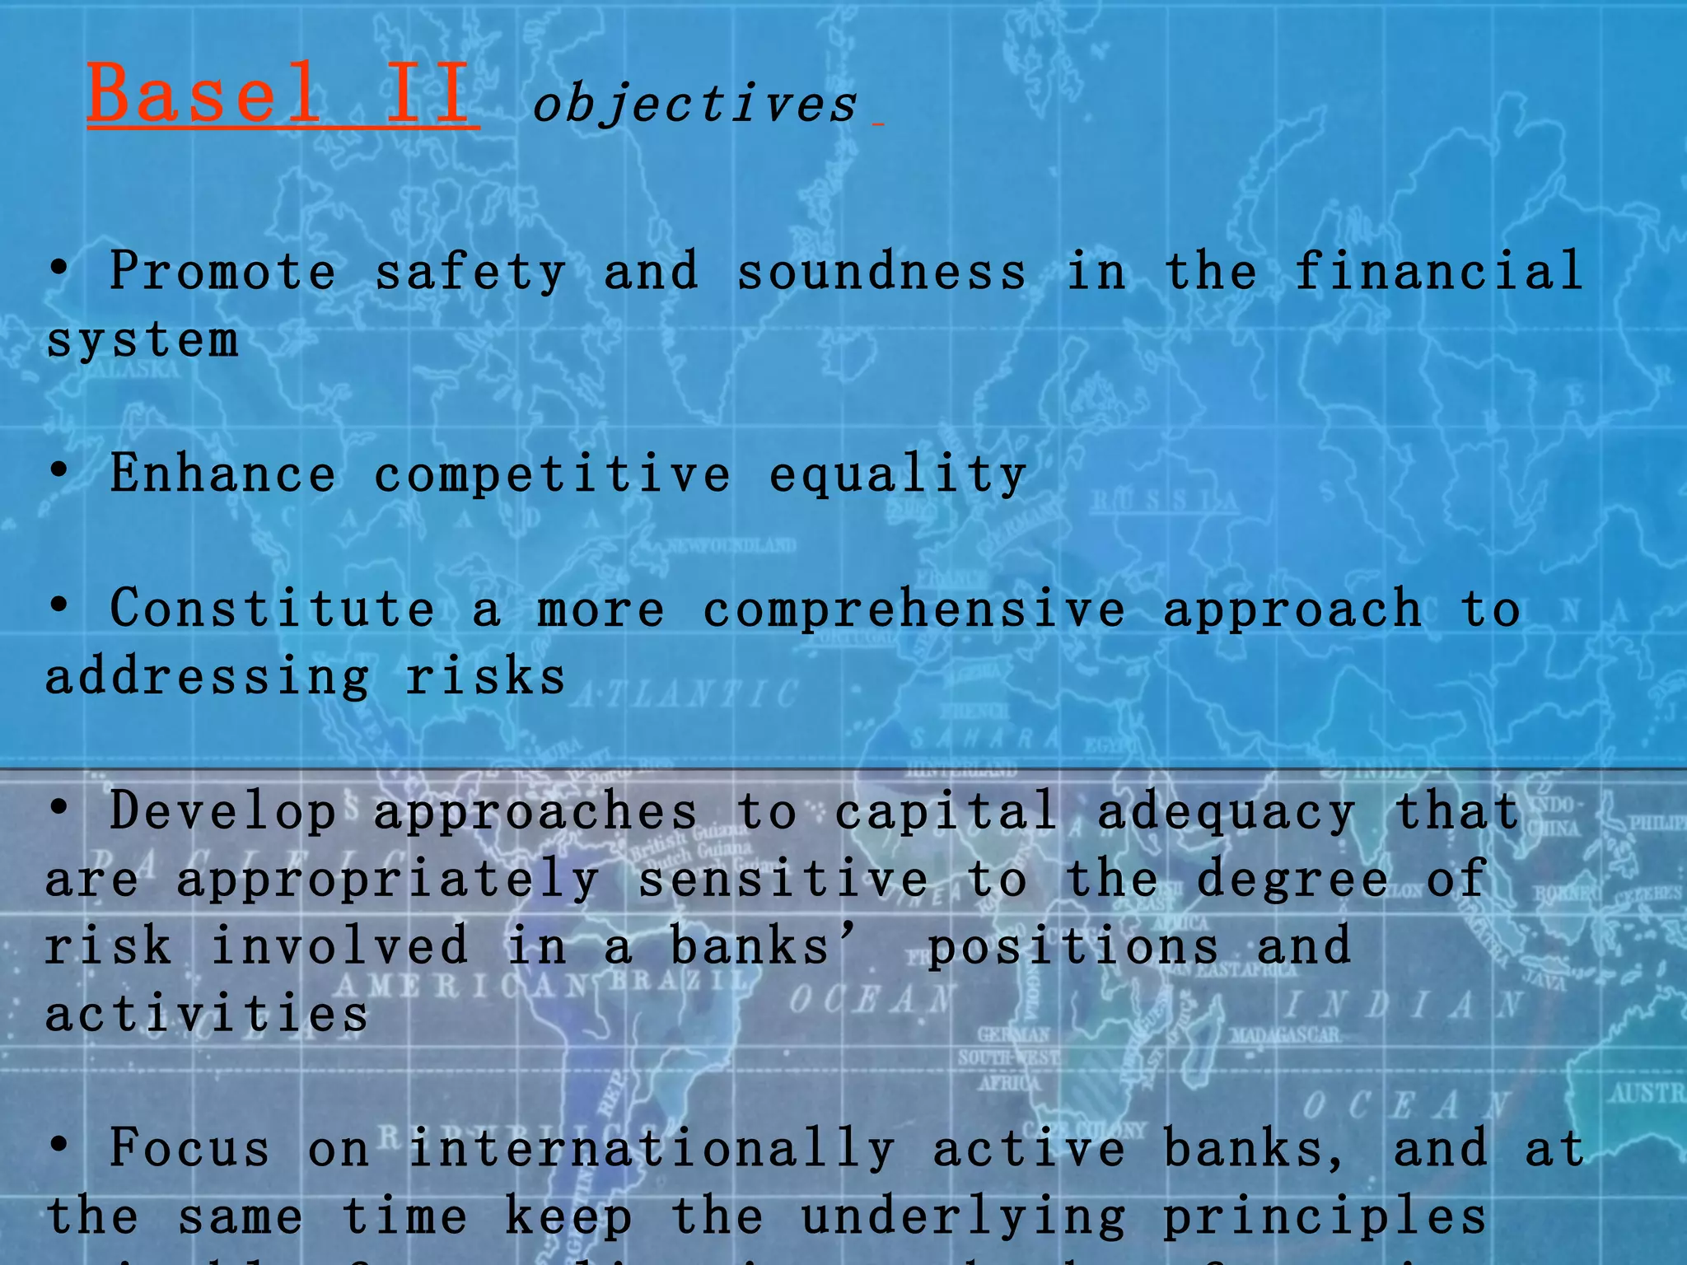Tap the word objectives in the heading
694,105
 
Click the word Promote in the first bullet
222,271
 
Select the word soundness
881,271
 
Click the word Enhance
222,474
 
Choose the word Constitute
272,609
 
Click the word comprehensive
914,610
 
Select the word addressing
207,678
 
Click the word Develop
222,811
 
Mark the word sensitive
783,879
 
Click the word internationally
651,1149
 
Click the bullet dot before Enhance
58,470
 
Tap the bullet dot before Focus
58,1144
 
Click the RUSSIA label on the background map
1165,501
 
